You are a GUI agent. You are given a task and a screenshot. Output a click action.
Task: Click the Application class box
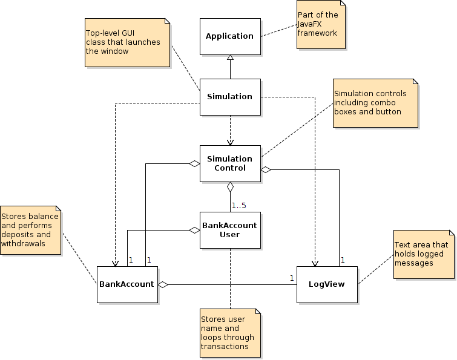click(x=230, y=36)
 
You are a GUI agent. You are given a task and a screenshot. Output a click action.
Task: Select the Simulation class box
click(x=230, y=97)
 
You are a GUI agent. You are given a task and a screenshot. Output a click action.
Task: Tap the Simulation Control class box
click(x=230, y=163)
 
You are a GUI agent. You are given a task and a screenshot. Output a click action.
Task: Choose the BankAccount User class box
click(x=230, y=230)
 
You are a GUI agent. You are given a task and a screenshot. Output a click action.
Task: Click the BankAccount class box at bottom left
click(x=127, y=284)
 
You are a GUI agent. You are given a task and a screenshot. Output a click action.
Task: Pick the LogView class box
click(x=327, y=284)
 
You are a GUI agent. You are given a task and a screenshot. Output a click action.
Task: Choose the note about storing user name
click(x=231, y=333)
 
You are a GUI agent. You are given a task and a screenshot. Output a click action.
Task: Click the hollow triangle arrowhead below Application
click(x=230, y=58)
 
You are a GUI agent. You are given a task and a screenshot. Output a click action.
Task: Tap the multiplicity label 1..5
click(x=238, y=206)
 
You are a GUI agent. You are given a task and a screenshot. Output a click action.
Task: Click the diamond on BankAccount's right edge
click(x=163, y=284)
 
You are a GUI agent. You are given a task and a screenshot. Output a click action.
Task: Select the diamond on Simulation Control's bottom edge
click(x=230, y=186)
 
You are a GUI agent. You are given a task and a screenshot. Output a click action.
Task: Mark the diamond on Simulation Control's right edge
click(x=266, y=169)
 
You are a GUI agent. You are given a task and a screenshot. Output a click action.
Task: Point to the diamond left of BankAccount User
click(x=194, y=230)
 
